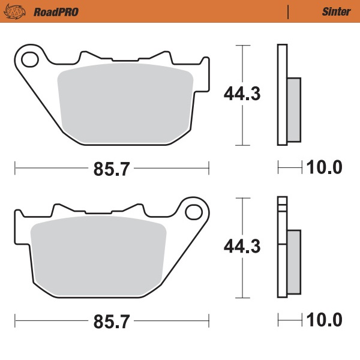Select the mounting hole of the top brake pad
click(28, 59)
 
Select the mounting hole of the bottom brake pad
click(193, 212)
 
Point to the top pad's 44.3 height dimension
click(242, 94)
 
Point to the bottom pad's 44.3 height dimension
click(242, 247)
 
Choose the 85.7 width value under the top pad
click(112, 169)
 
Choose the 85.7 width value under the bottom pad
click(112, 322)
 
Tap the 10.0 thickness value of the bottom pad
click(325, 321)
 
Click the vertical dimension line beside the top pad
click(242, 66)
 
